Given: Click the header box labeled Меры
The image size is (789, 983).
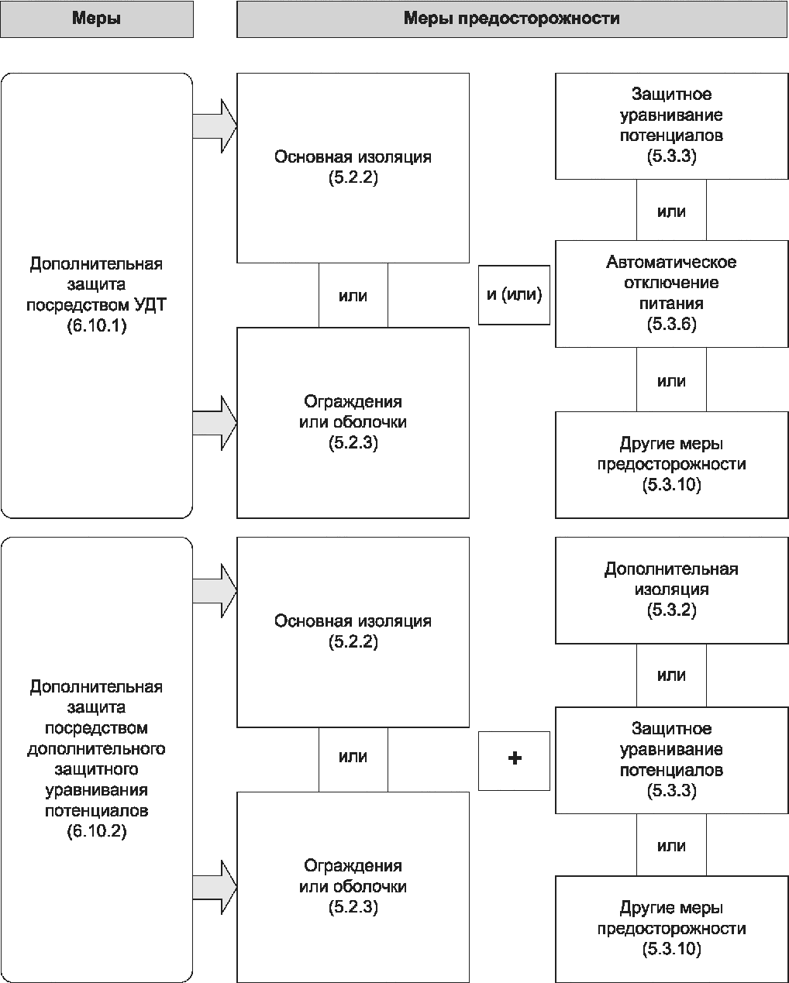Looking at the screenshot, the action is (x=96, y=19).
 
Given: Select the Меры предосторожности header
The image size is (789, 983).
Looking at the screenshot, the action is (x=512, y=19).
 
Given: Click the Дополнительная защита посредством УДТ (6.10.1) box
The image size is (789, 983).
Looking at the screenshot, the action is (x=96, y=296).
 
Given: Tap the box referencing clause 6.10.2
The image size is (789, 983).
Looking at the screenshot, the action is (x=96, y=760).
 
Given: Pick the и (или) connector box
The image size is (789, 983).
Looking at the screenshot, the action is (x=515, y=295).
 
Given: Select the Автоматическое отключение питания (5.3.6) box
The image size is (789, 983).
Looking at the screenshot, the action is (x=671, y=294).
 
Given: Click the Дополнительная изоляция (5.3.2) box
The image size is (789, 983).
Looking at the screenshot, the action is (x=671, y=590).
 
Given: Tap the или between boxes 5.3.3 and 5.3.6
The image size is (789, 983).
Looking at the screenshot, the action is (x=671, y=210).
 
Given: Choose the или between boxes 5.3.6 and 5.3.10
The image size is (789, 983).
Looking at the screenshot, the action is (x=671, y=380).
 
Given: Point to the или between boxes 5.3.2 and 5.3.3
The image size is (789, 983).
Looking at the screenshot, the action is (x=671, y=675).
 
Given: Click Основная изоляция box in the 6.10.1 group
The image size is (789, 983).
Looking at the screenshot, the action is (x=353, y=168).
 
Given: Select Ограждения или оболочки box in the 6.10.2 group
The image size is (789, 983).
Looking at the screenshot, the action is (x=353, y=887).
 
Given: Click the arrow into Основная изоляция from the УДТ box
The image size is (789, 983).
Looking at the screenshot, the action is (x=215, y=126).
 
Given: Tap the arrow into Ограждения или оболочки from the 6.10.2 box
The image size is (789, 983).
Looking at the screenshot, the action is (x=215, y=888).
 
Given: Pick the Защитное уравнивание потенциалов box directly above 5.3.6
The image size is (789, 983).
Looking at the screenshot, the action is (x=671, y=126).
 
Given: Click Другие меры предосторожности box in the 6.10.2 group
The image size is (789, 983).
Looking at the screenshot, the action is (x=671, y=929).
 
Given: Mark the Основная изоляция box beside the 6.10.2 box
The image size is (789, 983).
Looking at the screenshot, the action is (x=353, y=632).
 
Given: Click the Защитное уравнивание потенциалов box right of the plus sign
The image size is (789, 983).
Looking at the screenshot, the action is (x=671, y=760).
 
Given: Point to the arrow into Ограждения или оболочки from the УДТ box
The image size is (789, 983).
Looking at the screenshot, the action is (x=215, y=423).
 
